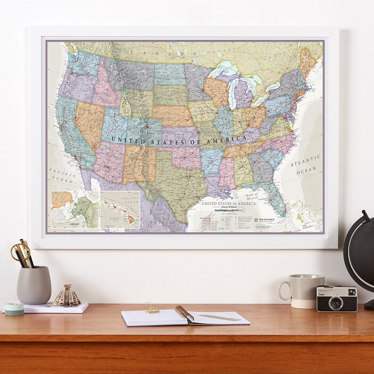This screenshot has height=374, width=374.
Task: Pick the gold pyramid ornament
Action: click(67, 296)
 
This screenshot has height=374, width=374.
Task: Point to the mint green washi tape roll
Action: click(14, 309)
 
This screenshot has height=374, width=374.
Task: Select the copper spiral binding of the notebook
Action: click(184, 313)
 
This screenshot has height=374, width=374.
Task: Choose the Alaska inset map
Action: click(74, 209)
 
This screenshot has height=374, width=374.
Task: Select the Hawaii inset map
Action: click(120, 209)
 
